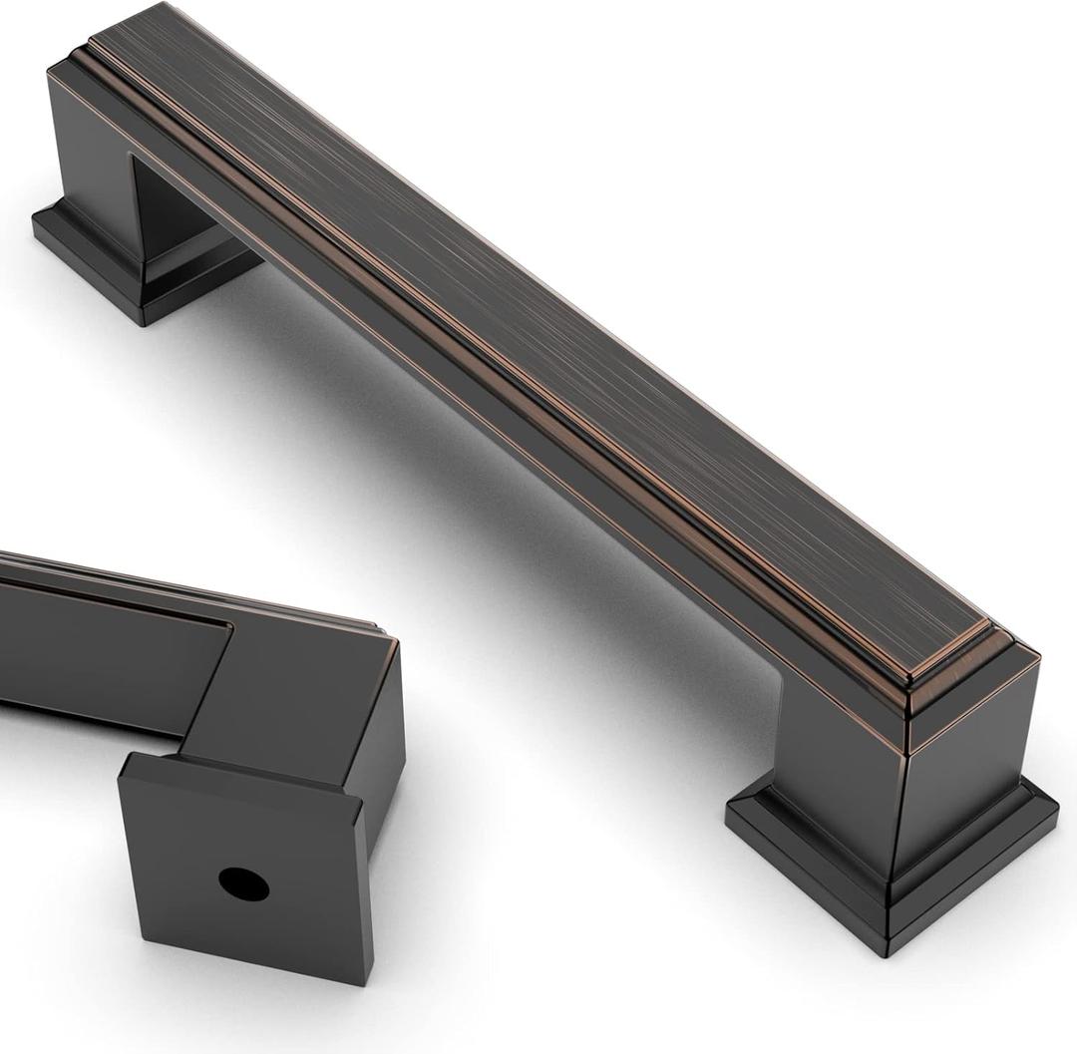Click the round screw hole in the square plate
click(243, 883)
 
